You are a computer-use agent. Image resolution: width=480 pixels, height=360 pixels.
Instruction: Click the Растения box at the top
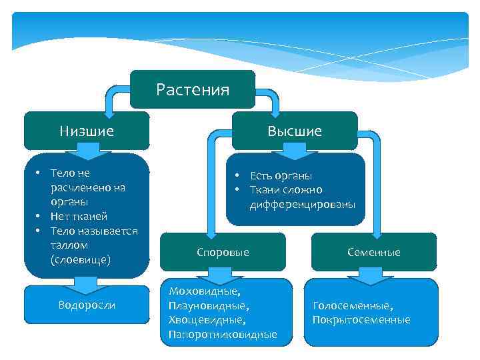[x=193, y=89]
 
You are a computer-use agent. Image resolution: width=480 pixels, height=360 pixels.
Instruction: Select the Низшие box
[x=87, y=131]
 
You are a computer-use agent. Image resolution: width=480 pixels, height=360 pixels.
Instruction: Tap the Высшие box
[x=295, y=131]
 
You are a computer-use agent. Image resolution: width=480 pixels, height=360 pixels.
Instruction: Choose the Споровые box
[x=223, y=252]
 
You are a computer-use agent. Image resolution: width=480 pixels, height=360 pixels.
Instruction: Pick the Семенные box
[x=373, y=252]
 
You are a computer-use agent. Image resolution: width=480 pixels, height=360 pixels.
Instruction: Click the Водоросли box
[x=87, y=305]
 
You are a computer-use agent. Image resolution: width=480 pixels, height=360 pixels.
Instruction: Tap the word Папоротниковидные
[x=223, y=334]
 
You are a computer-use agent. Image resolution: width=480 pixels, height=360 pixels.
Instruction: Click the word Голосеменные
[x=351, y=306]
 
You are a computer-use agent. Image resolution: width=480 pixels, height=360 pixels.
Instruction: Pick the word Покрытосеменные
[x=361, y=320]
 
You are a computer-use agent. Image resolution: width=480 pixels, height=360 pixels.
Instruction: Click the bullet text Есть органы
[x=281, y=175]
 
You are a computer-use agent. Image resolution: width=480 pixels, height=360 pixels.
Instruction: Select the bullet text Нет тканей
[x=78, y=216]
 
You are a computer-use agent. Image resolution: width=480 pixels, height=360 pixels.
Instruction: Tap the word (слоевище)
[x=80, y=259]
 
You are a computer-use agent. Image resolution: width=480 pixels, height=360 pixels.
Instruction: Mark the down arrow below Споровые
[x=216, y=274]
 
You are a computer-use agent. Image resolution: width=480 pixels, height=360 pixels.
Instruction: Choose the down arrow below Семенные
[x=369, y=274]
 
